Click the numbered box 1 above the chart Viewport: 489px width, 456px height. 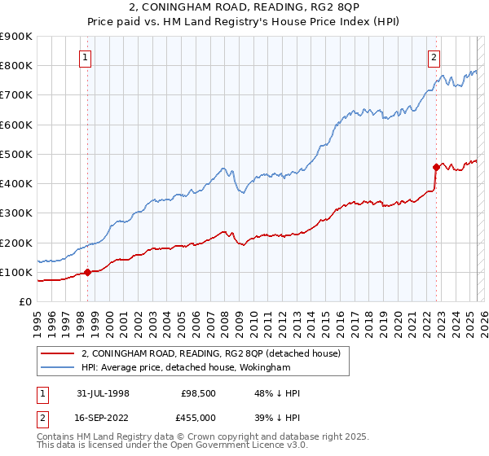[86, 57]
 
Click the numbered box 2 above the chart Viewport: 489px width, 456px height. [434, 57]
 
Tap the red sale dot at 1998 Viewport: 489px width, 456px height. [87, 273]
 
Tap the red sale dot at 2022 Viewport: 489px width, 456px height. [436, 168]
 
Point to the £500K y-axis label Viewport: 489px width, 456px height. [16, 154]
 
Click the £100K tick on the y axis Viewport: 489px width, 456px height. [16, 272]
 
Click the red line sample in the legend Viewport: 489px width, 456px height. [59, 354]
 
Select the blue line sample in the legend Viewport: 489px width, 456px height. [59, 368]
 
